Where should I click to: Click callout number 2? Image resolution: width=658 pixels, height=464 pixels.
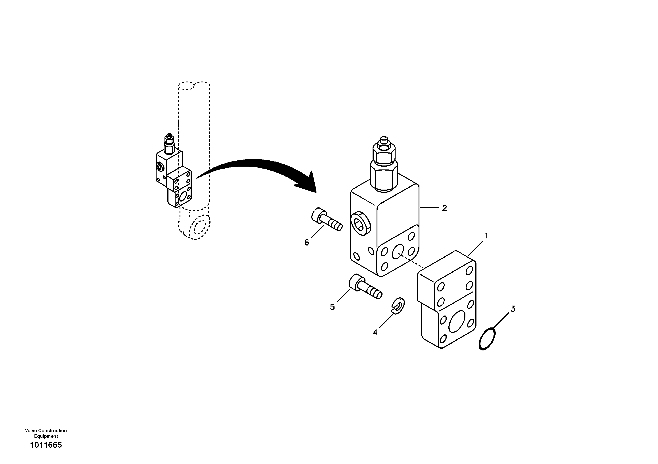pos(444,208)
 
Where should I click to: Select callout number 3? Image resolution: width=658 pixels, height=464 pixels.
pos(513,309)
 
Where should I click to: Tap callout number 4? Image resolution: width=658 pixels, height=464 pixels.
pos(375,332)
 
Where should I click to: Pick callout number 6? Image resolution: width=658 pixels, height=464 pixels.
pos(307,243)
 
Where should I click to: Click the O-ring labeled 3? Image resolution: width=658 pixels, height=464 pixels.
pos(487,338)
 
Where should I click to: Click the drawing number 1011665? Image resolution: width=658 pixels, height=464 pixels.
pos(46,445)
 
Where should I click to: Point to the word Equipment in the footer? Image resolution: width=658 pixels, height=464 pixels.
pos(46,436)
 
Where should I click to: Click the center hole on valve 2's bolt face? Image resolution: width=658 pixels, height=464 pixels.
pos(398,252)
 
